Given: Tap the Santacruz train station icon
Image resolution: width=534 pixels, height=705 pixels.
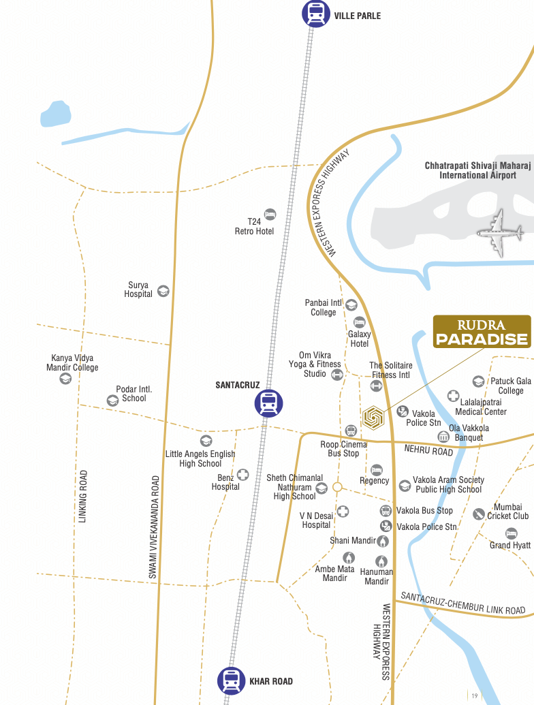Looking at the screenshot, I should pos(268,403).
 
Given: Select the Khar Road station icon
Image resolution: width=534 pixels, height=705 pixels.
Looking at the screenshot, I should pos(231,680).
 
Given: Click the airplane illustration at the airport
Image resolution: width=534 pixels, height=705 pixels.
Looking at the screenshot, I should pos(501,234).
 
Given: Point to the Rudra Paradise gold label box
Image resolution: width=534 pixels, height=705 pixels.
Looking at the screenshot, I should pos(482,332).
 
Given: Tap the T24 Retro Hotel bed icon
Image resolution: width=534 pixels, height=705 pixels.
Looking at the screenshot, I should pos(270,215).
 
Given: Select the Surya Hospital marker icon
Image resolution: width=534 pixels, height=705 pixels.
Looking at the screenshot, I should pos(163,291).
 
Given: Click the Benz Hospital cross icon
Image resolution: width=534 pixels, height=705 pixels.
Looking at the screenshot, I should pos(242,475).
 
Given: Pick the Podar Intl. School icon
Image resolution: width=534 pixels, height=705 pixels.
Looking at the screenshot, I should pos(112,400).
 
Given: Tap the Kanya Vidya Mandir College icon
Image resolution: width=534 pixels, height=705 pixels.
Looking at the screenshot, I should pos(65,379).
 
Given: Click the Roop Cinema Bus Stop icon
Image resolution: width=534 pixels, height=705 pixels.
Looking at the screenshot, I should pos(351,430).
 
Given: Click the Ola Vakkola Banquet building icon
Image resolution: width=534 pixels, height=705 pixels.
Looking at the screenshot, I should pos(443,436).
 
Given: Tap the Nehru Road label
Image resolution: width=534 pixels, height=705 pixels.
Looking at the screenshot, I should pos(428,450).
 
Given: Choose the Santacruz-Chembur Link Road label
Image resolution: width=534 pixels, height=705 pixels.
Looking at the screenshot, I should pos(462,603).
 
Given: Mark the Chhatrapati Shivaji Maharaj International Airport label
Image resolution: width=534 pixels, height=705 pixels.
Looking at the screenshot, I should pos(477,170).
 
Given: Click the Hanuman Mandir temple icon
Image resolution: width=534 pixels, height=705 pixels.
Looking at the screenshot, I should pos(382,561).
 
